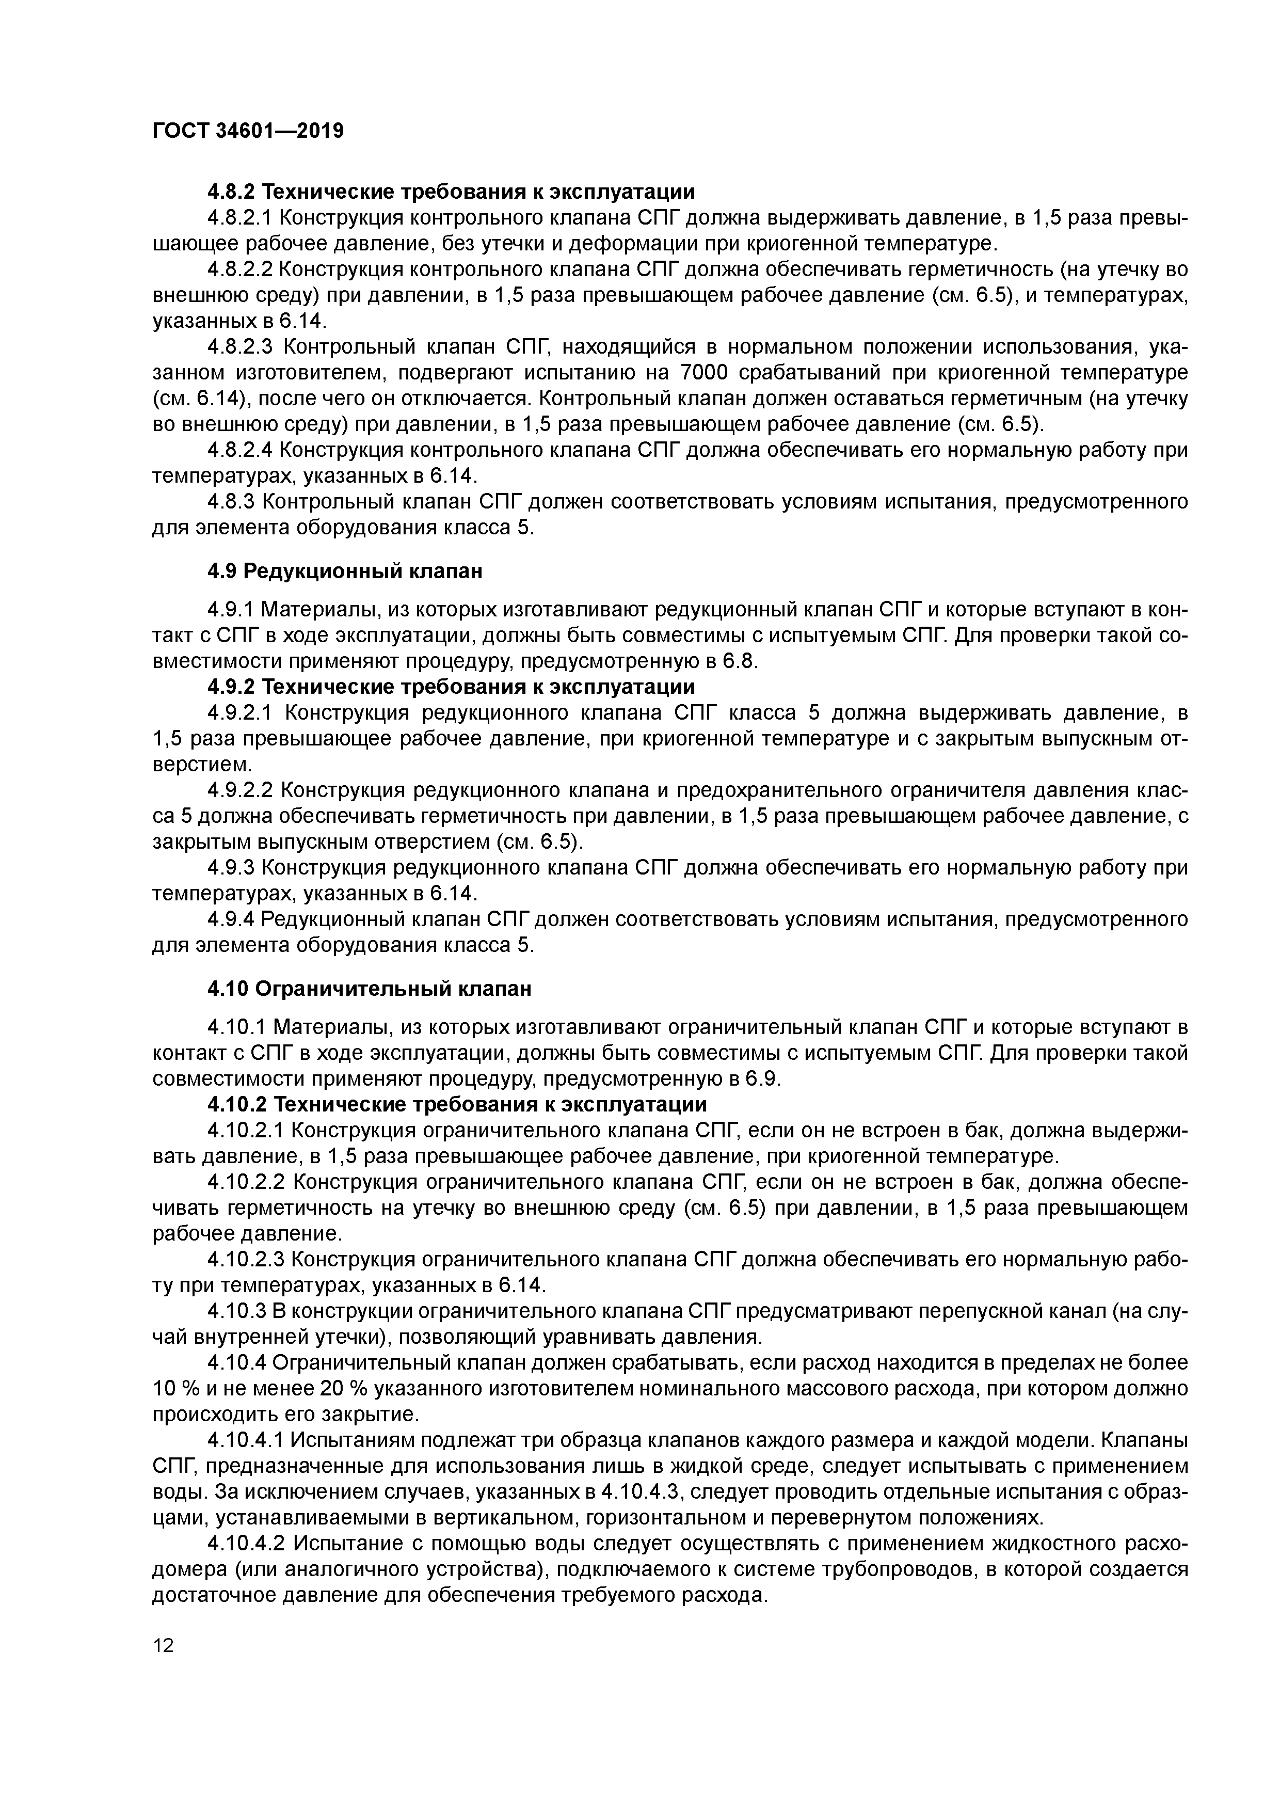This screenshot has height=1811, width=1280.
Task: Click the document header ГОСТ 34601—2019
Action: pyautogui.click(x=248, y=131)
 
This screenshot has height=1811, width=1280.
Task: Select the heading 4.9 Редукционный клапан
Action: pyautogui.click(x=345, y=570)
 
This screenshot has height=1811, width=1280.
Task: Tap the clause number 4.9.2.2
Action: pyautogui.click(x=240, y=790)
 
